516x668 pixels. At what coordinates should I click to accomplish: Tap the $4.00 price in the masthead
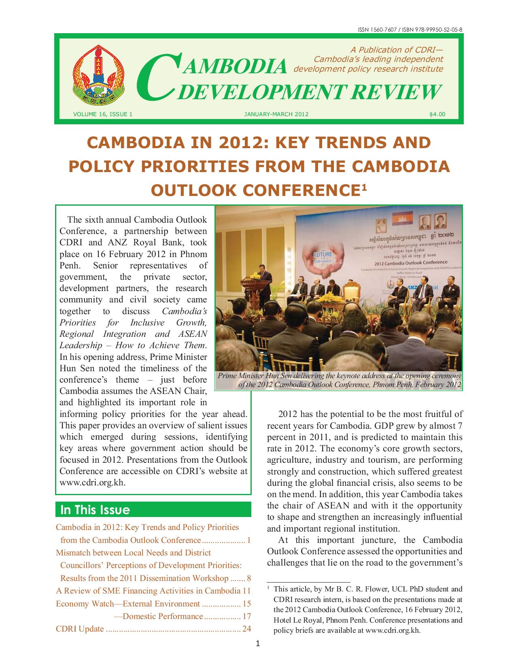[437, 114]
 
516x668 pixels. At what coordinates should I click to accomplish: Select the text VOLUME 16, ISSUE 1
[103, 114]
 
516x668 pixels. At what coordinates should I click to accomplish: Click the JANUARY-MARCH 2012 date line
[276, 114]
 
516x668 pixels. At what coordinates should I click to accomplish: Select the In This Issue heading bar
[153, 509]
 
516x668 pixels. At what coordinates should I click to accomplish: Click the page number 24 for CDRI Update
[246, 629]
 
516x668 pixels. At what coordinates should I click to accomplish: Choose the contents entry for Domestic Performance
[162, 616]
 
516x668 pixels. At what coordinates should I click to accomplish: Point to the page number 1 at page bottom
[258, 643]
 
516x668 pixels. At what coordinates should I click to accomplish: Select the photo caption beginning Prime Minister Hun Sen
[339, 380]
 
